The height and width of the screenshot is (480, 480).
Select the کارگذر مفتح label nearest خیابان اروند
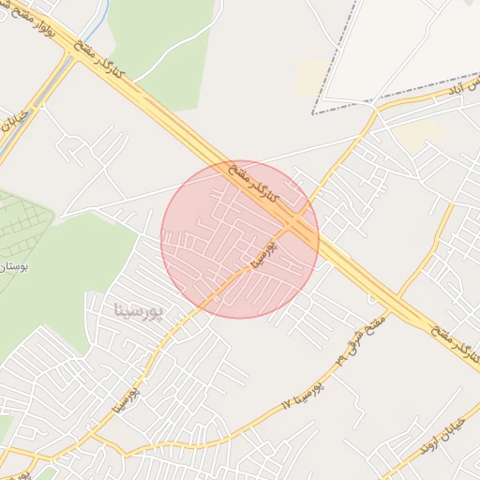coord(457,342)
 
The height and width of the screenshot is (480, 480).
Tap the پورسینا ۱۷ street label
coord(302,396)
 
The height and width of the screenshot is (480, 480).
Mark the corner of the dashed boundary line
coord(313,113)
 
